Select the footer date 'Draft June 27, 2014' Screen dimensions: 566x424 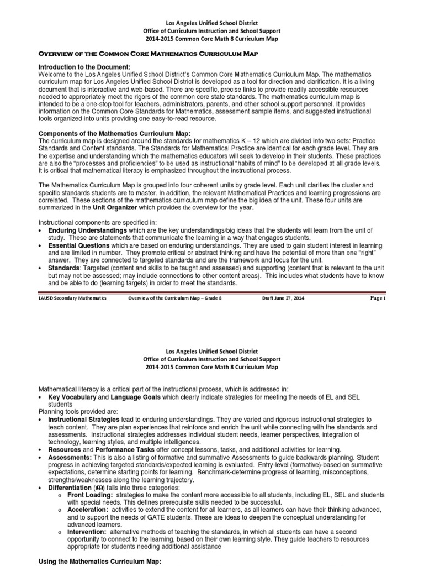pos(282,298)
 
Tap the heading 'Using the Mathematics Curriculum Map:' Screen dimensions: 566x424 pos(100,562)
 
